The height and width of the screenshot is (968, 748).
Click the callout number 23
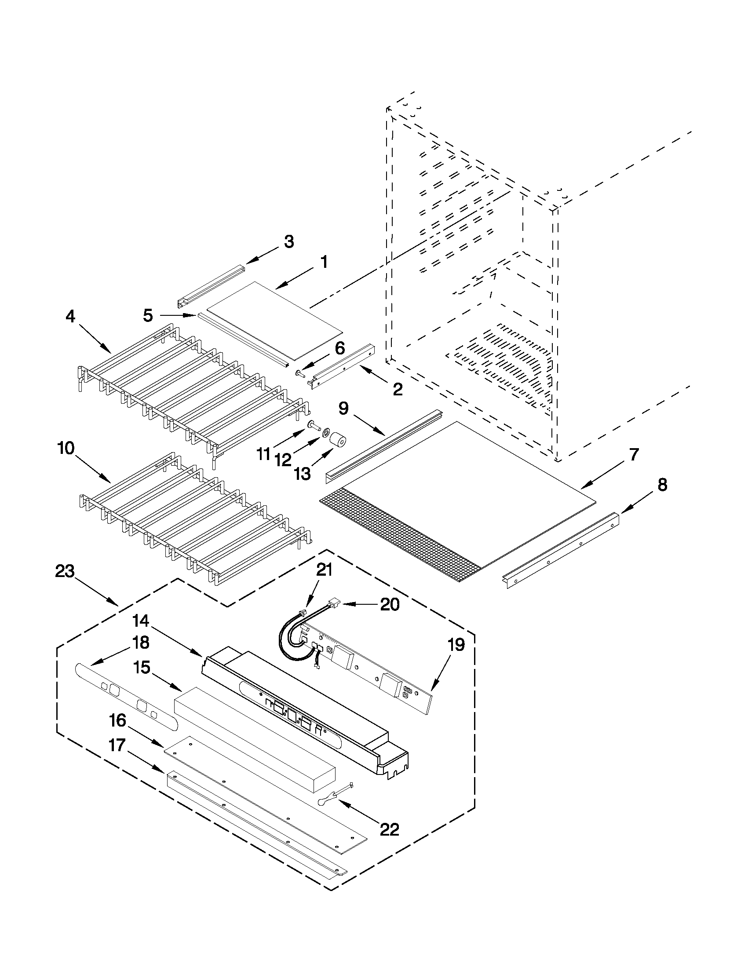point(65,572)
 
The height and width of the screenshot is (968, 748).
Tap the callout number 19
point(456,645)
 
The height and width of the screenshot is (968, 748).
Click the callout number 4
point(71,316)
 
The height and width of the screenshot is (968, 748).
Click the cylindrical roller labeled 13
point(338,441)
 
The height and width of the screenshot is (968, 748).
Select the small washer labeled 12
point(325,431)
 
